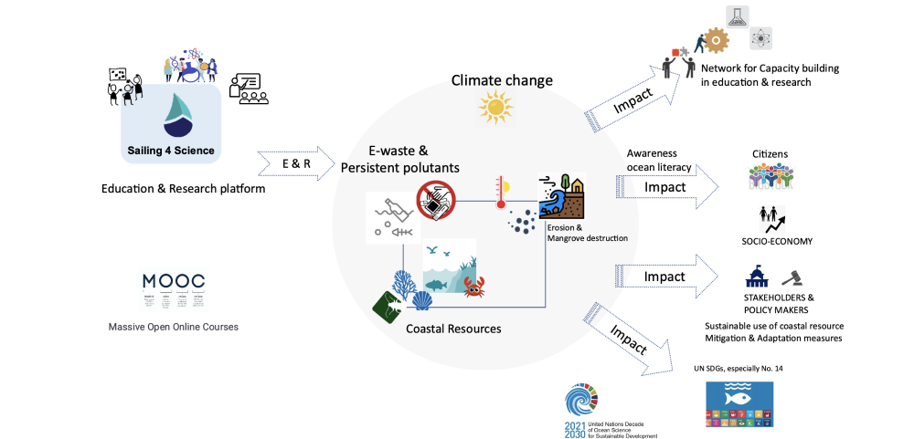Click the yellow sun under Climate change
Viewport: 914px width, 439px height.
(x=495, y=108)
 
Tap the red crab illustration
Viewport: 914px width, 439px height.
(x=473, y=288)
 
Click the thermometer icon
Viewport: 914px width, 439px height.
(x=500, y=194)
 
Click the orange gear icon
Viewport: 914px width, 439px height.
(x=714, y=40)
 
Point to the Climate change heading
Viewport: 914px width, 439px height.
(x=502, y=81)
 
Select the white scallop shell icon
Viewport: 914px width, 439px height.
(x=422, y=300)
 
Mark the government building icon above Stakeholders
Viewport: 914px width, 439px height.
(x=758, y=277)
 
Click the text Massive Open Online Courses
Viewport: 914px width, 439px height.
(x=173, y=326)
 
